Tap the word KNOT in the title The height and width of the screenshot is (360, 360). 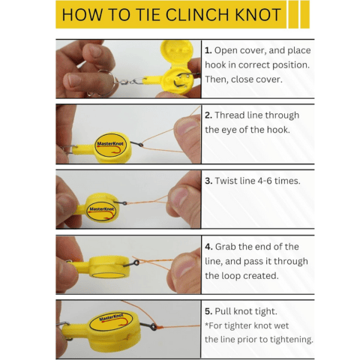252,15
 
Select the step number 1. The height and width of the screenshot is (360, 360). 208,51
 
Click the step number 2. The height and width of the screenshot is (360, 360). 208,115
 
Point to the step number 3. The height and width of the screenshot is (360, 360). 208,181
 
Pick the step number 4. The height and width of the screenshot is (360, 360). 208,247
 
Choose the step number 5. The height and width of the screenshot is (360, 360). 208,311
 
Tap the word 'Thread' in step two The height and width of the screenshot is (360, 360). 232,115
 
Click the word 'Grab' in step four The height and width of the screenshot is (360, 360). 228,247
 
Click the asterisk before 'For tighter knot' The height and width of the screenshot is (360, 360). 206,325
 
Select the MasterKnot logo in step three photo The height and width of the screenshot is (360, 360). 102,208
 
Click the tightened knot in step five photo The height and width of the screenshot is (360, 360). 154,328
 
